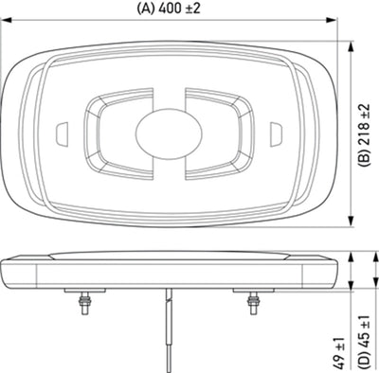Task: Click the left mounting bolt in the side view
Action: click(x=81, y=302)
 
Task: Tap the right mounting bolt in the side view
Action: click(x=254, y=302)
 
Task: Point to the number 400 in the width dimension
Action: click(x=170, y=8)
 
